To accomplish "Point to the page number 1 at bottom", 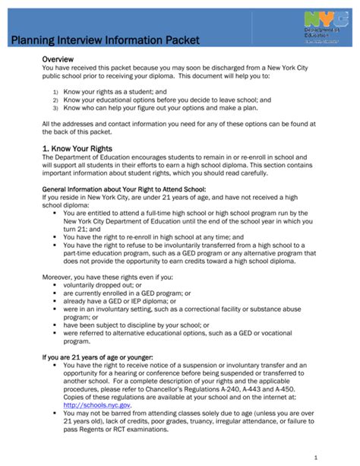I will pyautogui.click(x=335, y=456).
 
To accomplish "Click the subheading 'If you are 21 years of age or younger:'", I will pyautogui.click(x=97, y=356).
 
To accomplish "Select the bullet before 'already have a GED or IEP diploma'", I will pyautogui.click(x=55, y=301).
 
